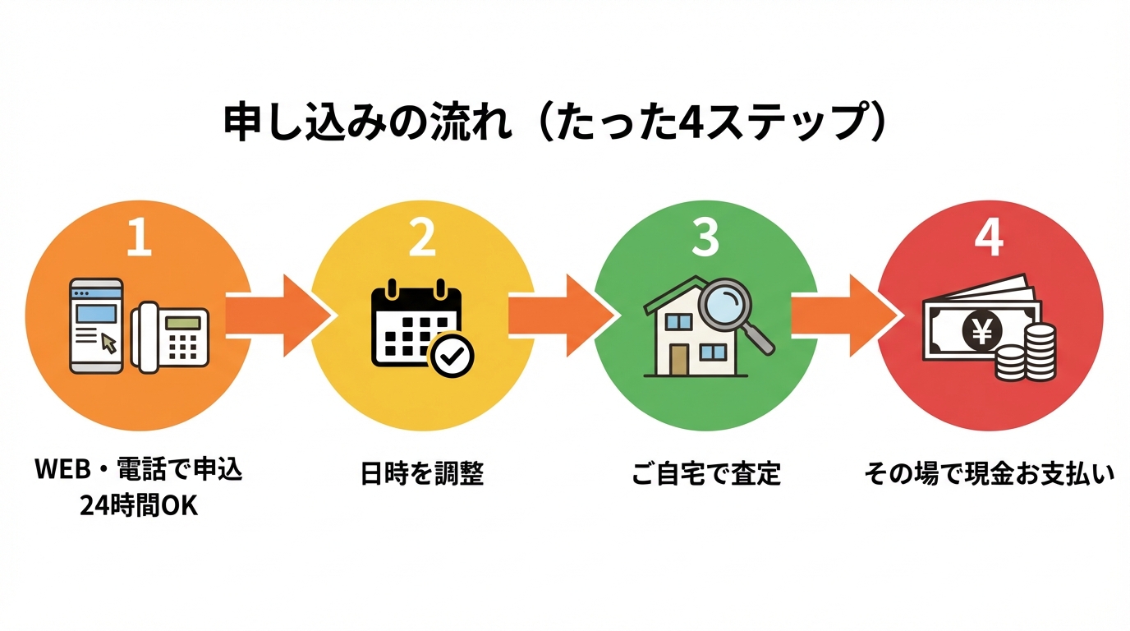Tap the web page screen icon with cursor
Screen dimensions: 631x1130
(x=96, y=325)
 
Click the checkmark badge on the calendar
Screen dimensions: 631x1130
(x=452, y=355)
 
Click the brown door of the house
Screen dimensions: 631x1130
(x=678, y=358)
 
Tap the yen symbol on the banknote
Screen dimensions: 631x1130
(x=981, y=331)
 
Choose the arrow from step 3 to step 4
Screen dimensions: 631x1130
(x=843, y=315)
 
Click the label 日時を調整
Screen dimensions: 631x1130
(x=422, y=474)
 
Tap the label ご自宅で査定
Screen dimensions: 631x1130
(x=705, y=474)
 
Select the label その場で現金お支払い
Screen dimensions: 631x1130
(x=989, y=474)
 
